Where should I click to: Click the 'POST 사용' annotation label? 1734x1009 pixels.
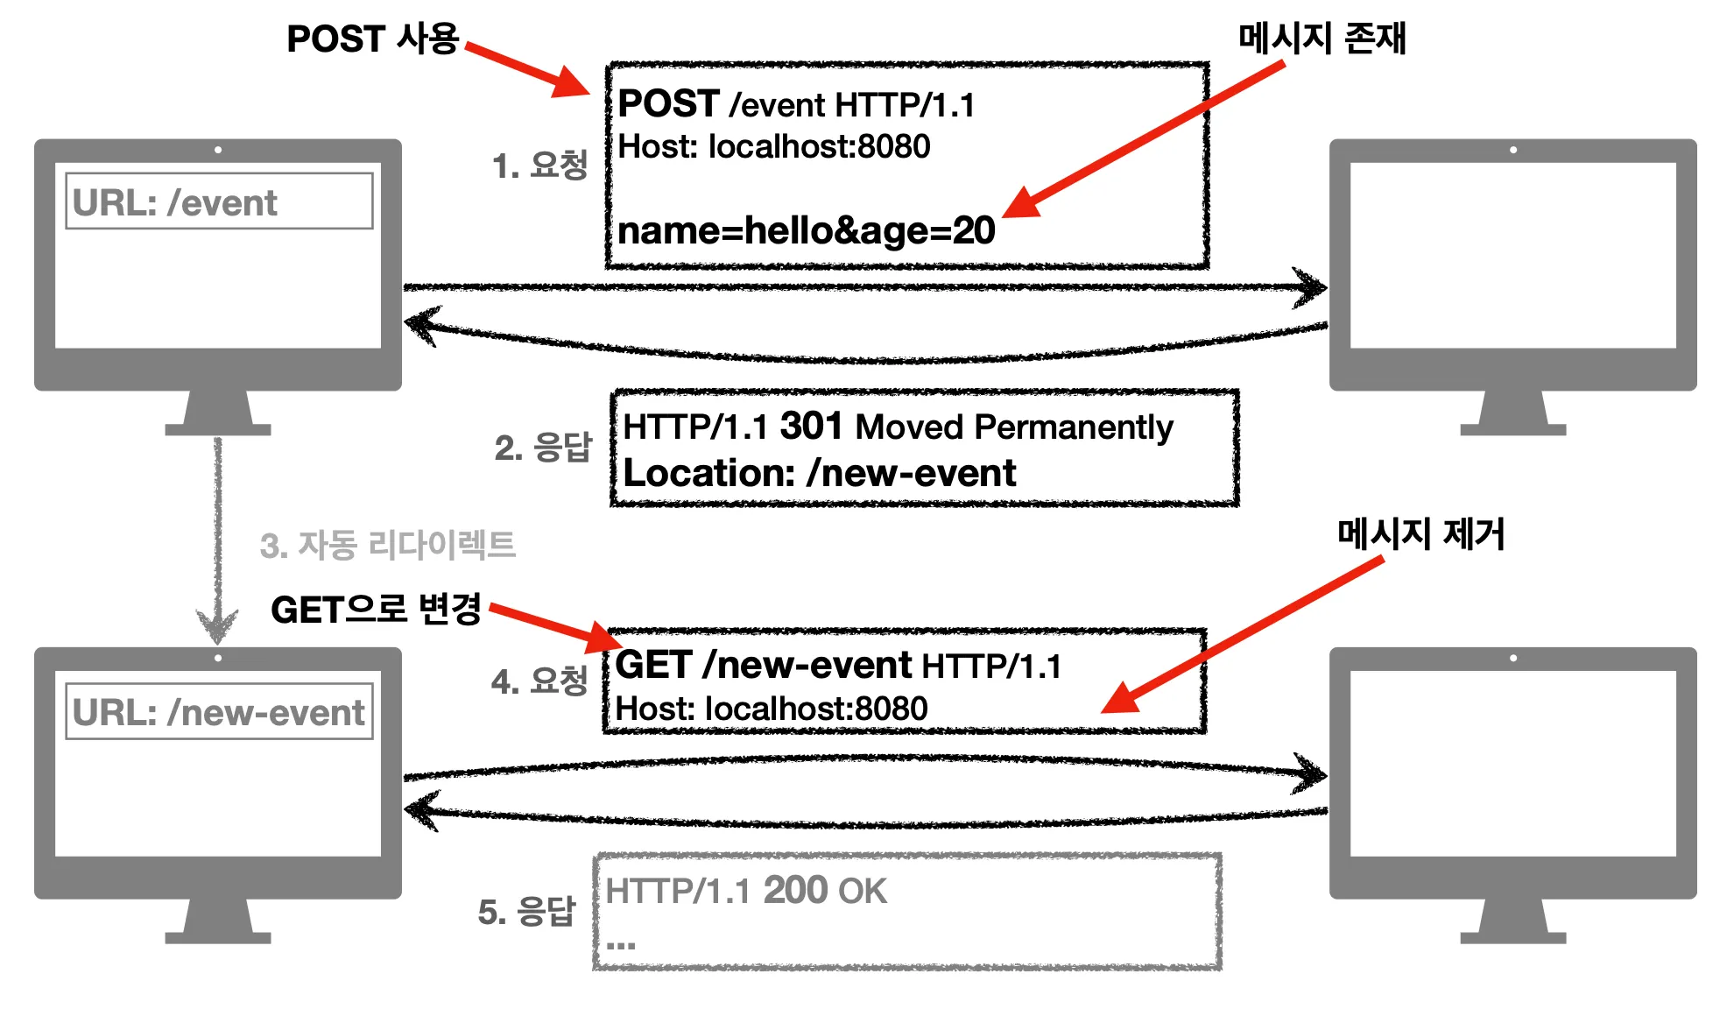(x=373, y=39)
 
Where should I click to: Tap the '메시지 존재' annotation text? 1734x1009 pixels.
(x=1322, y=39)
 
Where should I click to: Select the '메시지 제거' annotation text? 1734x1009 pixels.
(x=1420, y=534)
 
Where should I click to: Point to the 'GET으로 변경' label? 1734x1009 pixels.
(x=377, y=610)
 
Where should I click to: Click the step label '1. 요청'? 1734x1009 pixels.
(x=539, y=166)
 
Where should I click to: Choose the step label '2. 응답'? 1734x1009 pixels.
(x=543, y=448)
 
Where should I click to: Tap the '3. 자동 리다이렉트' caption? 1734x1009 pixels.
(x=387, y=545)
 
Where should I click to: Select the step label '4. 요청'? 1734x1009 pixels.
(x=539, y=681)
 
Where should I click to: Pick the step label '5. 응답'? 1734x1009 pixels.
(x=527, y=912)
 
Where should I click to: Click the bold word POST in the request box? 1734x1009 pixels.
(x=669, y=104)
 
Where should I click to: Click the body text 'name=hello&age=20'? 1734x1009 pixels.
(x=806, y=230)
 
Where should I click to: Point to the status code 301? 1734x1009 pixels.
(x=811, y=427)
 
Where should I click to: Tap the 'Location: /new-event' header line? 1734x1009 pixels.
(x=819, y=474)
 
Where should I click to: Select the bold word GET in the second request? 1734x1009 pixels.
(x=654, y=666)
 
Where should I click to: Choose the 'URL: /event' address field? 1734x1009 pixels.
(x=219, y=202)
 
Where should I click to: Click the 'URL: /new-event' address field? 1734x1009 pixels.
(x=219, y=712)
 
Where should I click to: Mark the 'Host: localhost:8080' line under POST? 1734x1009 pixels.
(x=773, y=146)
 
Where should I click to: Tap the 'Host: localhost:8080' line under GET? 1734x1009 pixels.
(x=771, y=709)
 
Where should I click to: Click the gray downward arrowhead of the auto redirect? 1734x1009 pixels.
(x=217, y=625)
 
